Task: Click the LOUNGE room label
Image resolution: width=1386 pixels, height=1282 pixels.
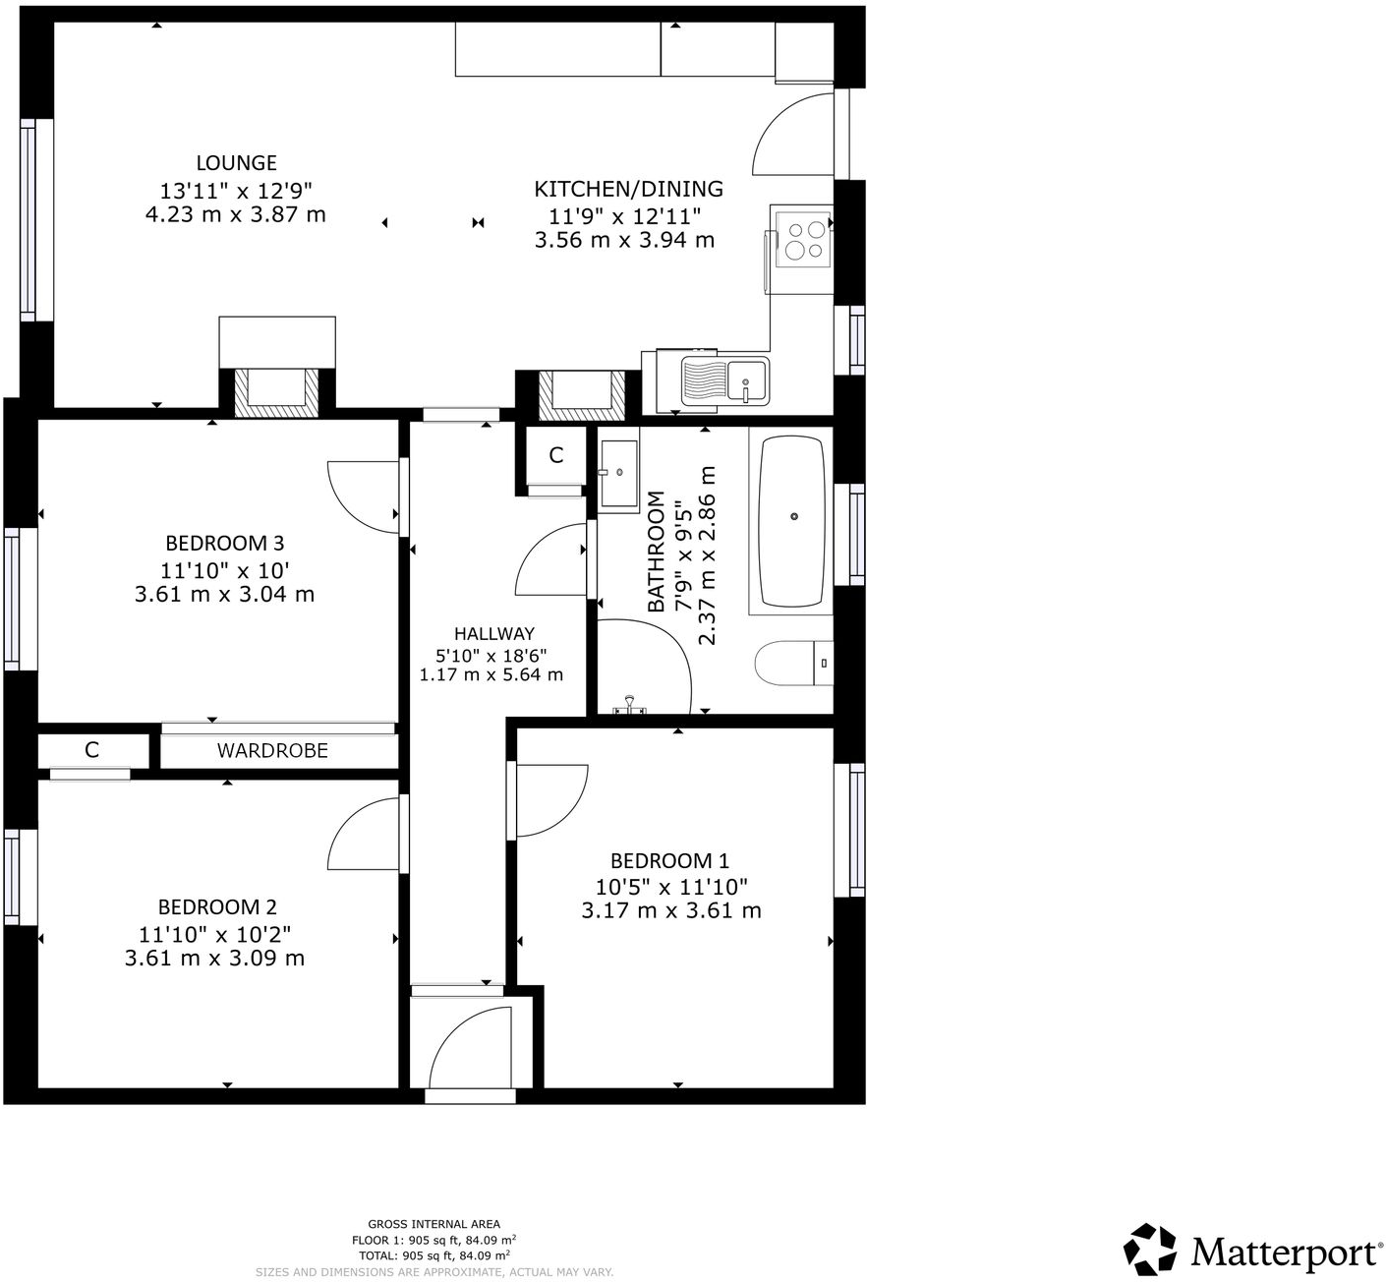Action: (x=236, y=163)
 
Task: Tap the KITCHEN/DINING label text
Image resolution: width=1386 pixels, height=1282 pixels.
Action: (x=628, y=189)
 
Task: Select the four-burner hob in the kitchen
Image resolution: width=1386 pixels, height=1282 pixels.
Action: (x=803, y=240)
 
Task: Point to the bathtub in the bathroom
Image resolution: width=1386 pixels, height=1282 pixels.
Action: (x=792, y=520)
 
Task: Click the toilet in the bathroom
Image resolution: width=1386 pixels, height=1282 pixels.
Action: (x=794, y=664)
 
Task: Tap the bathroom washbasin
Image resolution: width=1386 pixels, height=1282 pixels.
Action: (x=619, y=474)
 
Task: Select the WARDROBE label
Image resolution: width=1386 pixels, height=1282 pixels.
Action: (x=272, y=751)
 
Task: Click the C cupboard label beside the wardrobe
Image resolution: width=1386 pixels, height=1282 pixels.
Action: (x=91, y=750)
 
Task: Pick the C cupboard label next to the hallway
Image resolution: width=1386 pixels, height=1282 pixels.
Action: (x=555, y=455)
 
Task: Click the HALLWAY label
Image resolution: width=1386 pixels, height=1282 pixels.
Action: (x=493, y=634)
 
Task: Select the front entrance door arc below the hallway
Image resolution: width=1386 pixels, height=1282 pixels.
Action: (x=469, y=1046)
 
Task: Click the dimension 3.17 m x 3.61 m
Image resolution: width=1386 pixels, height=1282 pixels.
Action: (x=671, y=911)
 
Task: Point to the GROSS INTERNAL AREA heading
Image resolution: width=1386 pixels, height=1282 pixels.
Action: (x=433, y=1224)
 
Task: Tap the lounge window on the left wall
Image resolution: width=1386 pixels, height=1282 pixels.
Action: (x=28, y=220)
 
